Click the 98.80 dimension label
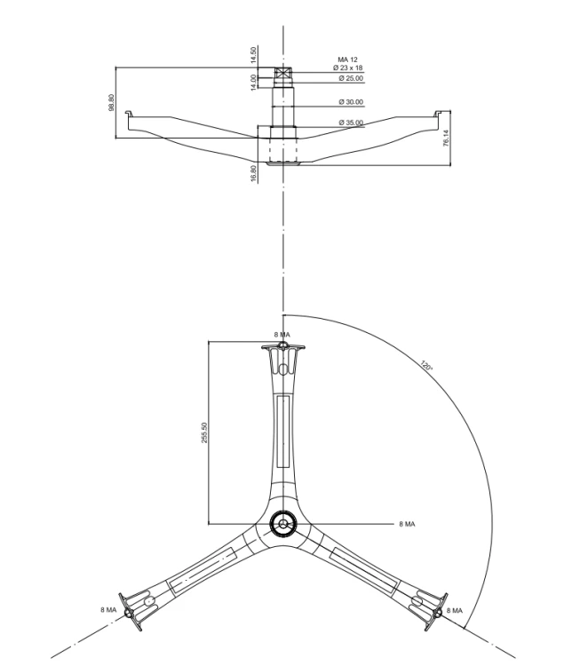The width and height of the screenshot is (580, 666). [111, 102]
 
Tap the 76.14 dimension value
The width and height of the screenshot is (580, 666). [446, 139]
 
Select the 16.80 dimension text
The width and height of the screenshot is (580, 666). [254, 174]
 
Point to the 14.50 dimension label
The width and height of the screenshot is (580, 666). [254, 55]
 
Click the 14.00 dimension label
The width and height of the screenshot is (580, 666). [254, 82]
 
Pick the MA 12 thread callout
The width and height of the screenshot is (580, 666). [347, 59]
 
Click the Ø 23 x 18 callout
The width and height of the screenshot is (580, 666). [347, 67]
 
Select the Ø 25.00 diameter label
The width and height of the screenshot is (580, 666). [351, 78]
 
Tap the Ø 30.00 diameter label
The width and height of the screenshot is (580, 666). [351, 102]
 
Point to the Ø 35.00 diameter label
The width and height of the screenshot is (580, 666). [351, 123]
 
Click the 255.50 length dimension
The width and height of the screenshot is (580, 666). [204, 432]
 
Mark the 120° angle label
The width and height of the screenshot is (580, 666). [426, 365]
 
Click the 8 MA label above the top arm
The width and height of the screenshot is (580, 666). [282, 335]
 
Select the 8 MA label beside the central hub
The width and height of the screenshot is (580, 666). [407, 524]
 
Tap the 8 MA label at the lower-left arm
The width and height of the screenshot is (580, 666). [108, 610]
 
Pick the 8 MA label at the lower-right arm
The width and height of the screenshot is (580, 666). [455, 611]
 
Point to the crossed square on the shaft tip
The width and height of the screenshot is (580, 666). [282, 73]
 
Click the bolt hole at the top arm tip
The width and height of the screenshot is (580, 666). [283, 345]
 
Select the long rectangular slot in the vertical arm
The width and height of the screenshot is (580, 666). [283, 431]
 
